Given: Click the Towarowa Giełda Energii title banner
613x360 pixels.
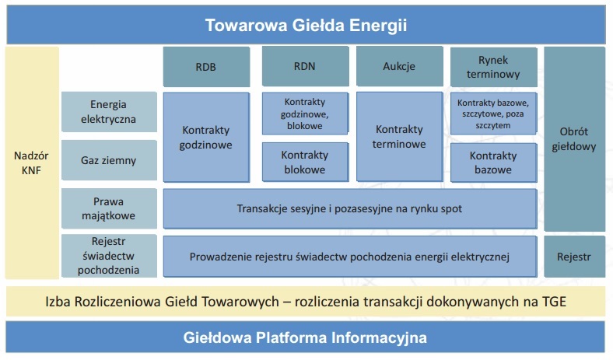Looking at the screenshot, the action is point(306,25).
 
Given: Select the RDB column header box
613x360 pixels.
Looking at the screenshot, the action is point(206,67).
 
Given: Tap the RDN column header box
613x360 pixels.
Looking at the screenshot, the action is point(305,66).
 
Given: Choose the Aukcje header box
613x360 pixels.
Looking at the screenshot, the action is point(400,66).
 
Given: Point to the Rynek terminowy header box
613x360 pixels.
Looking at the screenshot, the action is point(494,67).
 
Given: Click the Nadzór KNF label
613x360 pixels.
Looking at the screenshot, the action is point(31,163).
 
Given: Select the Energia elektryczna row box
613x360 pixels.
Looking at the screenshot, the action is point(109,112).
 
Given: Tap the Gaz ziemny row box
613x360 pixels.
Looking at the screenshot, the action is point(109,160).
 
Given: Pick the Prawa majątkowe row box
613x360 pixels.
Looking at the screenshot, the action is point(109,208).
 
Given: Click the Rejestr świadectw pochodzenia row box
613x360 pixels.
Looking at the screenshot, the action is point(109,256).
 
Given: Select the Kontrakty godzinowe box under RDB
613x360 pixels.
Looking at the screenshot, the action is point(206,137).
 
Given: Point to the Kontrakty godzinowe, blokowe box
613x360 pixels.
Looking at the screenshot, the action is point(305,114).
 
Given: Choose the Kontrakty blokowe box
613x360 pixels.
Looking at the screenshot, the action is point(305,163).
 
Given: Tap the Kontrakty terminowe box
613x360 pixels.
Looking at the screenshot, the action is point(400,137).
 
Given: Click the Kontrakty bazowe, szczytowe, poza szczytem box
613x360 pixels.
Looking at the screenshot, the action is point(494,114).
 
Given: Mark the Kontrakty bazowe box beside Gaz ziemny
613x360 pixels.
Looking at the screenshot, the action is point(494,163).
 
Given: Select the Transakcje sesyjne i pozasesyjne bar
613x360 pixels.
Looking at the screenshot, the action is point(350,208).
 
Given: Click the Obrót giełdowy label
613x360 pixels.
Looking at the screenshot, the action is point(574,138).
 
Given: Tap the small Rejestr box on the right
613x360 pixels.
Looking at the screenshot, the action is point(574,257).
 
